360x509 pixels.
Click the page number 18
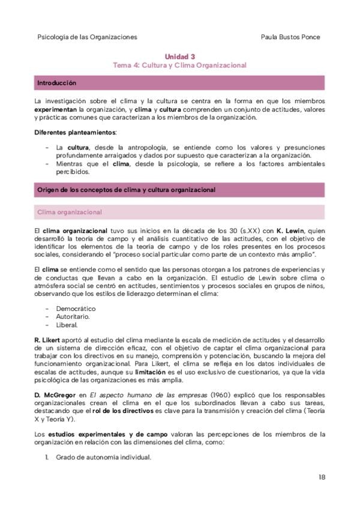322,477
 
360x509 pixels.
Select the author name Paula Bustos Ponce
291,37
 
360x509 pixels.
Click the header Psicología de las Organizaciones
87,37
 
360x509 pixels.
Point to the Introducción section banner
180,82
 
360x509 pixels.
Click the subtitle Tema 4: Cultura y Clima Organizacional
180,64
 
